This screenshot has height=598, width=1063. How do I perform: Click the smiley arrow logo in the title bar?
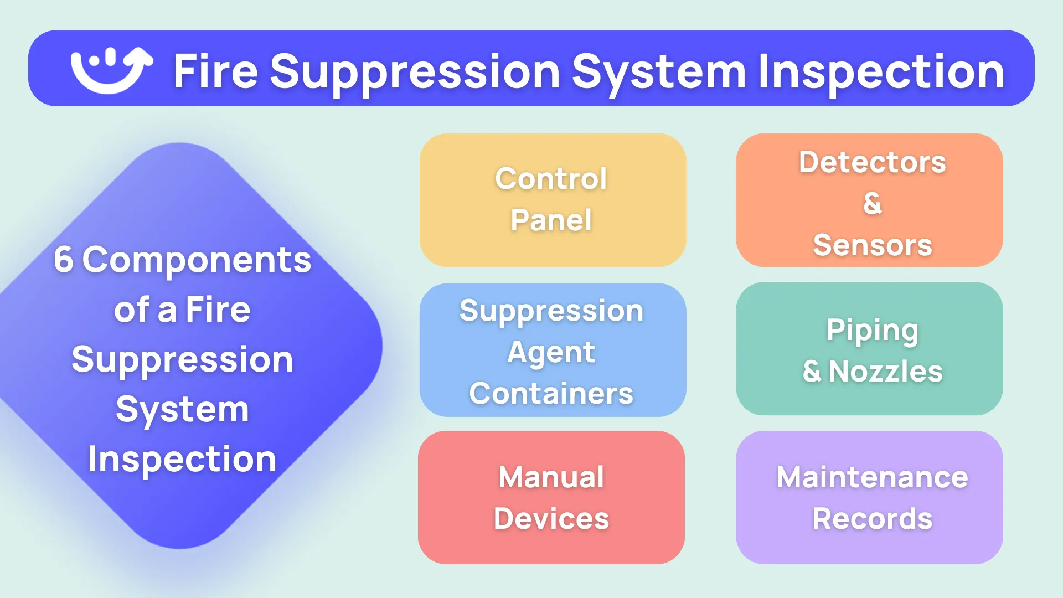coord(111,70)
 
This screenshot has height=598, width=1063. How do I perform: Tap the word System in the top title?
coord(659,72)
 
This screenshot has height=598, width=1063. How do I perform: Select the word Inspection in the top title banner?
coord(880,72)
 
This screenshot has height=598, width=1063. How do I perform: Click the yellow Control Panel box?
coord(552,199)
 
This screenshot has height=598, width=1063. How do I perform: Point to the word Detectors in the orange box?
coord(872,162)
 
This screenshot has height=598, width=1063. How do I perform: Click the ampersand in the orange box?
coord(872,203)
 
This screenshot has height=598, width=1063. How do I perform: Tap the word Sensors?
coord(872,245)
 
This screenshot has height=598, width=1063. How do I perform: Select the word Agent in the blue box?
coord(551,352)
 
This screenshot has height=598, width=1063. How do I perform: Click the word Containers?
coord(551,393)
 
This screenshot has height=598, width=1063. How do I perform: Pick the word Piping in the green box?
coord(872,331)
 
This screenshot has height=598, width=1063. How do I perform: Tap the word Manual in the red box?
coord(551,477)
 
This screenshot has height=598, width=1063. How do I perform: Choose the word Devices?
coord(551,518)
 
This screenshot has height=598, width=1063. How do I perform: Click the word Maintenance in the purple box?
coord(872,477)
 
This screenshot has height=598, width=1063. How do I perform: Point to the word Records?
coord(872,518)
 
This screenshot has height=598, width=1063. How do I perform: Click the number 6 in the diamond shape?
coord(63,259)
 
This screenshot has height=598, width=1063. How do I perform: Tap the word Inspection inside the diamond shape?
coord(182,459)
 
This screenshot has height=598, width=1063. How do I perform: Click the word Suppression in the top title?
coord(415,72)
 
